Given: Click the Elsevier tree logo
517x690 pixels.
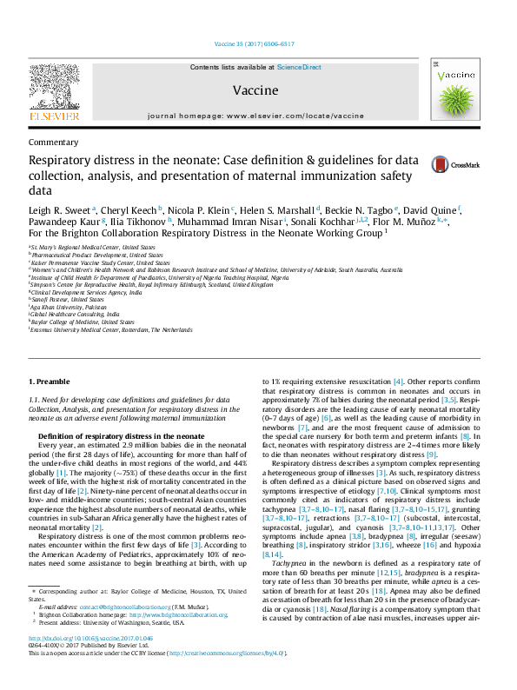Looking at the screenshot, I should pyautogui.click(x=55, y=88).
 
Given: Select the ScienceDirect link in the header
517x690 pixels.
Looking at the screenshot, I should pyautogui.click(x=299, y=67).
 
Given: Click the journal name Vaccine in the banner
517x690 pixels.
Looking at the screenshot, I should pyautogui.click(x=255, y=90).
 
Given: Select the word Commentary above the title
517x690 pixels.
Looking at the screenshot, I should pyautogui.click(x=53, y=142).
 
